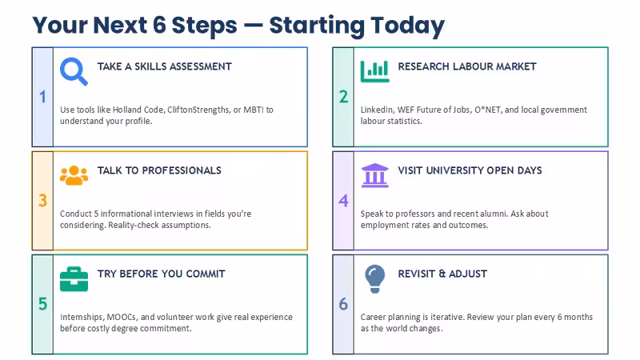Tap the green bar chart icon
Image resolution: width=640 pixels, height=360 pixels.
[x=374, y=71]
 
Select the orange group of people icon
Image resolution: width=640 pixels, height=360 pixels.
[x=74, y=175]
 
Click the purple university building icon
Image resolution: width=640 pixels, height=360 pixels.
[x=374, y=175]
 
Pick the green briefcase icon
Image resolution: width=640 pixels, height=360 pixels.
[x=74, y=279]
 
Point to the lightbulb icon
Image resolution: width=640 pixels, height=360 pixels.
[x=374, y=278]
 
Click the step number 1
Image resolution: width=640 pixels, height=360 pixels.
[x=42, y=97]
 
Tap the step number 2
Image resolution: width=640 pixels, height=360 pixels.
[x=343, y=97]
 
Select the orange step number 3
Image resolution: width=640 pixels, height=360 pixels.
[x=42, y=201]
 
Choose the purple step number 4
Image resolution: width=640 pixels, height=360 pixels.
[x=343, y=201]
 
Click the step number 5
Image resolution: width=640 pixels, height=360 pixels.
[x=42, y=304]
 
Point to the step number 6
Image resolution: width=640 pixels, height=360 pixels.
[x=343, y=304]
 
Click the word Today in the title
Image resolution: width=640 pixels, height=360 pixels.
[x=407, y=26]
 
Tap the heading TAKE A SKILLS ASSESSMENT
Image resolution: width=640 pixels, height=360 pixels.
[x=165, y=66]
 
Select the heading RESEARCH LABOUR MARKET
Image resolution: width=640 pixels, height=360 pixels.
[x=467, y=66]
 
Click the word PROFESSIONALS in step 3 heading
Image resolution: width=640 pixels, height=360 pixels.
[x=182, y=170]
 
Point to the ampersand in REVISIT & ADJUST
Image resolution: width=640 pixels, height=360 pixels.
[x=442, y=274]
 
